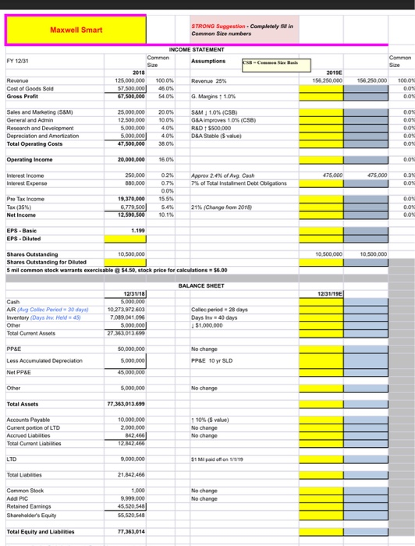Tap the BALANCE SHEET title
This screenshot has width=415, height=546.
pos(207,285)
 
